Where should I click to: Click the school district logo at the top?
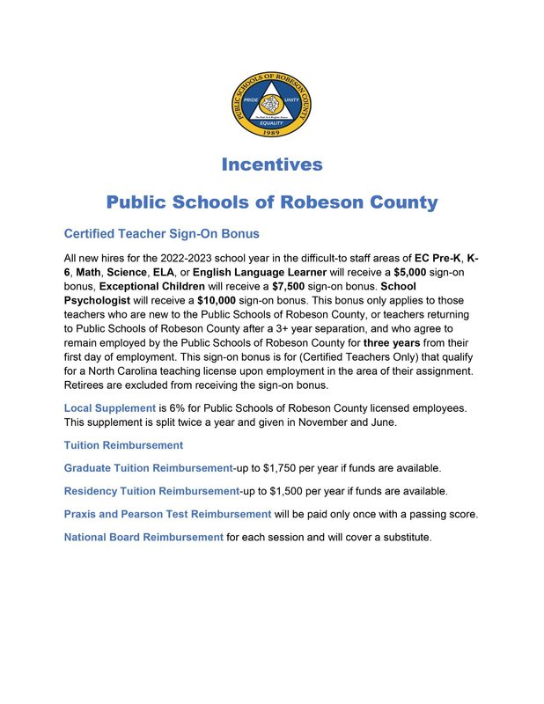[x=271, y=104]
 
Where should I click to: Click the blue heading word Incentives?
[x=271, y=165]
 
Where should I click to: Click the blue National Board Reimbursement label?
[x=143, y=536]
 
